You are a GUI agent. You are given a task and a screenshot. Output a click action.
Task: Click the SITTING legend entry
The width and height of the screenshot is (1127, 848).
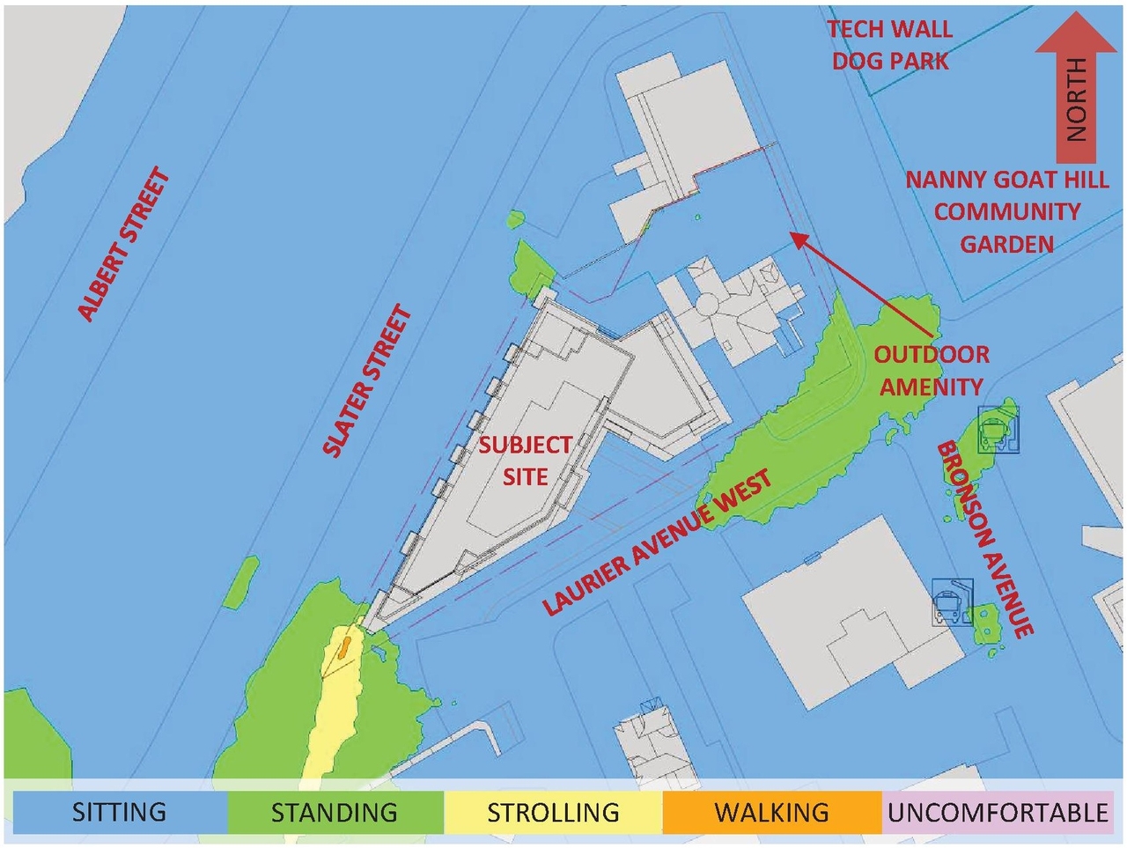(119, 811)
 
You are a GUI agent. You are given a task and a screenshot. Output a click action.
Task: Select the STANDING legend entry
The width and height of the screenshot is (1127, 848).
(335, 811)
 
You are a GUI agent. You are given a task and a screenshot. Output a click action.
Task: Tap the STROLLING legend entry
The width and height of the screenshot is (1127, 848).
(553, 811)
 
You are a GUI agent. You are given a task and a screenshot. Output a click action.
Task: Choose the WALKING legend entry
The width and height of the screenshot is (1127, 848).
(771, 811)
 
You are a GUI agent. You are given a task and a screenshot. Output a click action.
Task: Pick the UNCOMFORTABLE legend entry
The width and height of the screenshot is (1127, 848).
(997, 811)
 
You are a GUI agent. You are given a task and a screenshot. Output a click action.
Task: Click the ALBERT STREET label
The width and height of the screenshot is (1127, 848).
(123, 244)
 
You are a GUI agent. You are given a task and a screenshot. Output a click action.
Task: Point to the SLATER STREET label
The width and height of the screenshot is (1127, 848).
(367, 381)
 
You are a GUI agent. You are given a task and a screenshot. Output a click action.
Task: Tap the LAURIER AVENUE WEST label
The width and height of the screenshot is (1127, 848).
(657, 542)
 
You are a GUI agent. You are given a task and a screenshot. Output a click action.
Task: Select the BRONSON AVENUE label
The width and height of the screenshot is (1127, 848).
(984, 539)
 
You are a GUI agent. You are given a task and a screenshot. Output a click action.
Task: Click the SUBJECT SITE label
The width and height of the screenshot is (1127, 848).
(526, 461)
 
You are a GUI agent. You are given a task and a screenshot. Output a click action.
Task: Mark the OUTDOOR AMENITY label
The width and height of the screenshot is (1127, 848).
(932, 371)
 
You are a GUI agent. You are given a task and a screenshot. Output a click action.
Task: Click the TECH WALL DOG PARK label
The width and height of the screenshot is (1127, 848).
(890, 45)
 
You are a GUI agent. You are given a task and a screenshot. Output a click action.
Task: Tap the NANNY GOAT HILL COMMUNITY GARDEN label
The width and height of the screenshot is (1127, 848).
(1006, 211)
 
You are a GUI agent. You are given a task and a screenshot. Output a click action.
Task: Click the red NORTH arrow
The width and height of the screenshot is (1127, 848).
(1075, 88)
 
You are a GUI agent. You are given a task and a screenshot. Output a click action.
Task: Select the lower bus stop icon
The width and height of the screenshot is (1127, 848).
(951, 603)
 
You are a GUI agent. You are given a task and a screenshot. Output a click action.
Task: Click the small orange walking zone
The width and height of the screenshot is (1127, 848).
(343, 649)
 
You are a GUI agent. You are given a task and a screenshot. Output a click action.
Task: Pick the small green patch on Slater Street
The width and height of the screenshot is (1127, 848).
(241, 582)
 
